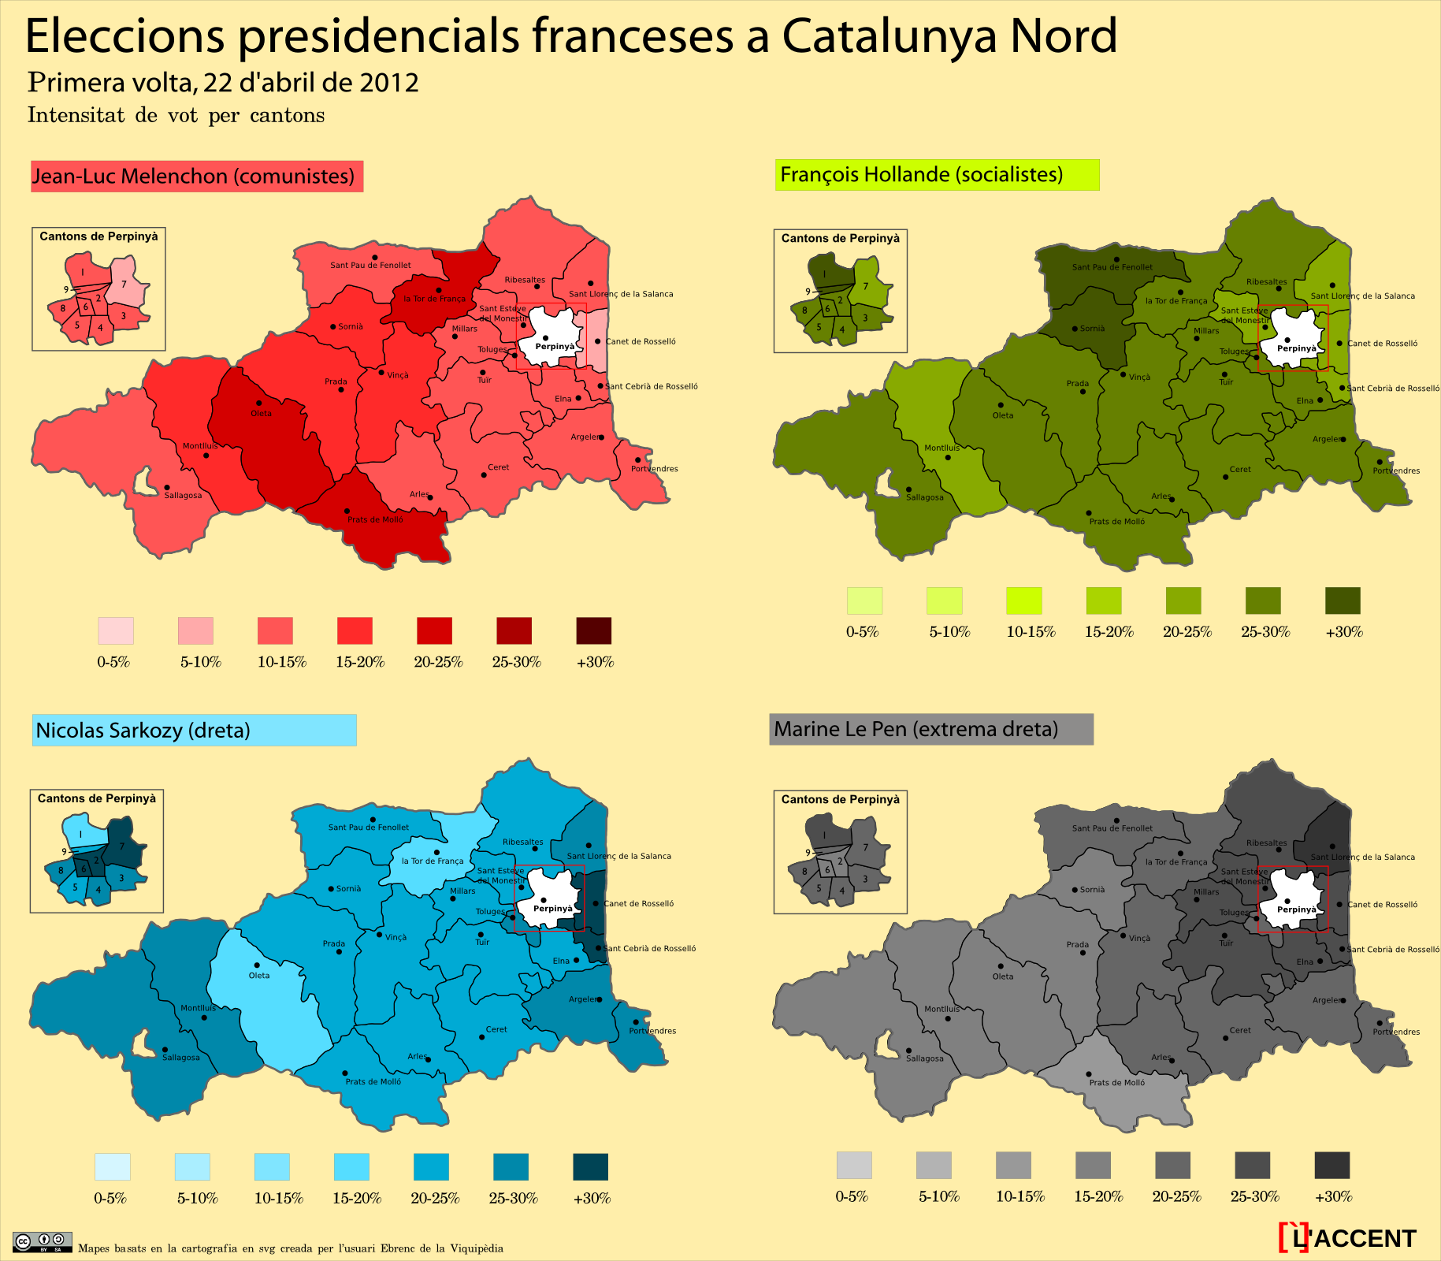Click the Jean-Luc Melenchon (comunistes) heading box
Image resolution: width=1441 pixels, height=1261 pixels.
[x=196, y=176]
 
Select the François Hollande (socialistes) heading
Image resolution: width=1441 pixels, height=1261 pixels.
[x=936, y=174]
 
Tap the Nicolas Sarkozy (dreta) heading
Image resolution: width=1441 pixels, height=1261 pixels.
[x=194, y=730]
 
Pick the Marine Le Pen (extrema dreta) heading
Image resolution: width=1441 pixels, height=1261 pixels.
[x=930, y=729]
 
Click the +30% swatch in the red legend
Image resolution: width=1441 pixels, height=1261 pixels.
[x=593, y=630]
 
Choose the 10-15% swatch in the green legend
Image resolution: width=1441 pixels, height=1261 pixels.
[x=1023, y=601]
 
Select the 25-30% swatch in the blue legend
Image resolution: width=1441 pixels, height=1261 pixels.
[x=511, y=1166]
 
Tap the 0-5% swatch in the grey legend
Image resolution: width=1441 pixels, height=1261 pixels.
[x=854, y=1165]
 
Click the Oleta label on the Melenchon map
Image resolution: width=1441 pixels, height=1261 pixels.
[x=261, y=413]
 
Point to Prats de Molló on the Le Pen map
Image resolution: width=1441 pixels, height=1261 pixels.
[x=1116, y=1082]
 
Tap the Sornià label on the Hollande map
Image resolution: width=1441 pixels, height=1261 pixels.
[x=1092, y=328]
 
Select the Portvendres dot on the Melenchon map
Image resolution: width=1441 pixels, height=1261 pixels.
[x=637, y=459]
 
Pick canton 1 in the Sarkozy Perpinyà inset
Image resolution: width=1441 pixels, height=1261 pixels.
[x=82, y=833]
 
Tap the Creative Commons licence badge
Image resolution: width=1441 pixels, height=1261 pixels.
[x=43, y=1242]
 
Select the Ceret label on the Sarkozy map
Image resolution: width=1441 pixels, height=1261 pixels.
[x=496, y=1029]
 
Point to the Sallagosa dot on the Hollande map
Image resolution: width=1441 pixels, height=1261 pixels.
[x=908, y=489]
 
